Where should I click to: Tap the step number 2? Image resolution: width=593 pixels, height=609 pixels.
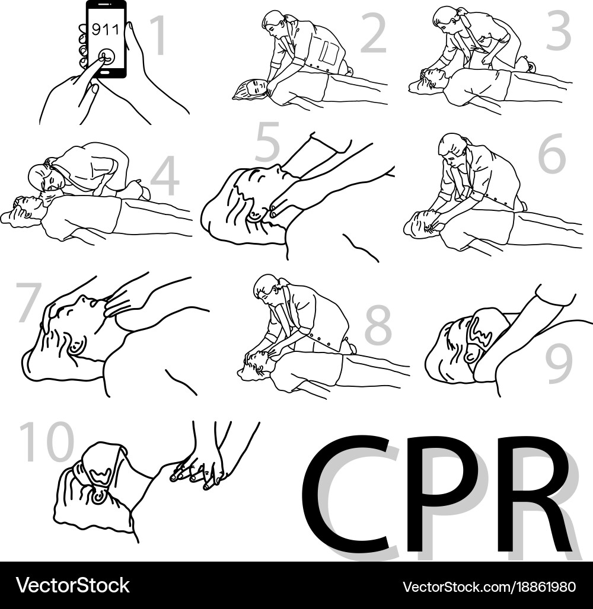(x=374, y=33)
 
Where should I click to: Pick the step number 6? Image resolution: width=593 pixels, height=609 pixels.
(x=552, y=154)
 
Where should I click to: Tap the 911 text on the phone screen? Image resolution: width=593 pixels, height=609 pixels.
(x=104, y=29)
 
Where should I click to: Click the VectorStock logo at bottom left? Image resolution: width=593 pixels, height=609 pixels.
(x=73, y=585)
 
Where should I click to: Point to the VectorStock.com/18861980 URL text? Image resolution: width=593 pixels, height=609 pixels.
(x=489, y=586)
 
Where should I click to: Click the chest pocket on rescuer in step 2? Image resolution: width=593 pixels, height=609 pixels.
(x=328, y=53)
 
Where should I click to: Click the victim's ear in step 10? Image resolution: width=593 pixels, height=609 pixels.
(x=98, y=496)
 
